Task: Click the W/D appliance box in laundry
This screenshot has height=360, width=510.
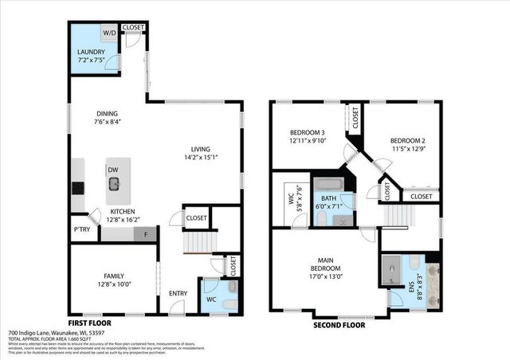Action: click(108, 34)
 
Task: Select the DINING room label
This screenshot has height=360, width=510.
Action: click(107, 114)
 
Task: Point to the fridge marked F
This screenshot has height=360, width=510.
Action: click(146, 234)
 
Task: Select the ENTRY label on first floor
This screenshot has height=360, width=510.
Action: click(178, 294)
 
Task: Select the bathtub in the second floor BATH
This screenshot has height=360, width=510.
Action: click(329, 185)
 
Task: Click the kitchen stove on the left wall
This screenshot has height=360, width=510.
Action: click(78, 189)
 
